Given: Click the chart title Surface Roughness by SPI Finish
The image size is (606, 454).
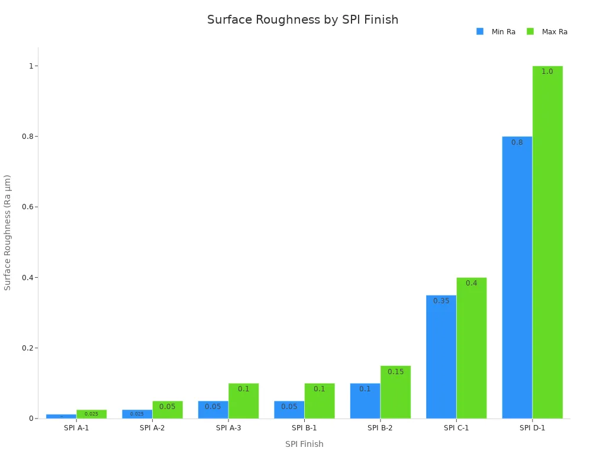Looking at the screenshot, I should pyautogui.click(x=302, y=20).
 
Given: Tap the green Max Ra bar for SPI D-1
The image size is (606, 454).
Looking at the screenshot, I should pyautogui.click(x=547, y=242).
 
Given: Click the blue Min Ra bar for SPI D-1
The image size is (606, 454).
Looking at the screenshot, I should pyautogui.click(x=517, y=278).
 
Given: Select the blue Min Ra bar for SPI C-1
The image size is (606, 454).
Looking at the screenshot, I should pyautogui.click(x=441, y=357).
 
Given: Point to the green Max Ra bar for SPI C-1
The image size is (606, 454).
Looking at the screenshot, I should pyautogui.click(x=472, y=348).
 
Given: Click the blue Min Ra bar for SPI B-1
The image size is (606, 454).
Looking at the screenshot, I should pyautogui.click(x=289, y=410).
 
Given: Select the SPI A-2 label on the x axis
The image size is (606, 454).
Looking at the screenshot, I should pyautogui.click(x=152, y=428).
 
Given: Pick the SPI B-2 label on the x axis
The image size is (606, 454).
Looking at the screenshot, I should pyautogui.click(x=380, y=428).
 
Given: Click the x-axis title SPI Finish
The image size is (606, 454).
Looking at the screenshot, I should pyautogui.click(x=304, y=444).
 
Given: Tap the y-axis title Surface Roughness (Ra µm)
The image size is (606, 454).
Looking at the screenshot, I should pyautogui.click(x=8, y=232).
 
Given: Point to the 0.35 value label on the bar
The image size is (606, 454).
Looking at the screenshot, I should pyautogui.click(x=441, y=301).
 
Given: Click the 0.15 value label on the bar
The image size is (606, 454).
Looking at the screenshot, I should pyautogui.click(x=395, y=372).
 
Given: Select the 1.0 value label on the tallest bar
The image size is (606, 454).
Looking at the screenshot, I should pyautogui.click(x=547, y=72).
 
